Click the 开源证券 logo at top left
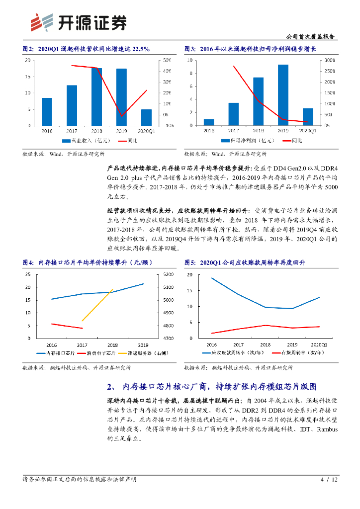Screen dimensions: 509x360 77,22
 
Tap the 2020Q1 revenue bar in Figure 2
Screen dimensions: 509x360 147,117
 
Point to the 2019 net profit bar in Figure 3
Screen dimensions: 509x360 283,95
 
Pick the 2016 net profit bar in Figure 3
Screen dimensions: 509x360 209,122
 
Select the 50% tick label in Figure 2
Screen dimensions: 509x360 168,60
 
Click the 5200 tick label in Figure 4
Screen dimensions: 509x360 168,274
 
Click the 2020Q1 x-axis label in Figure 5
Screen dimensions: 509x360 318,344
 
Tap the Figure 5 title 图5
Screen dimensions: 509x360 190,262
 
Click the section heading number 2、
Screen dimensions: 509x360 111,387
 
